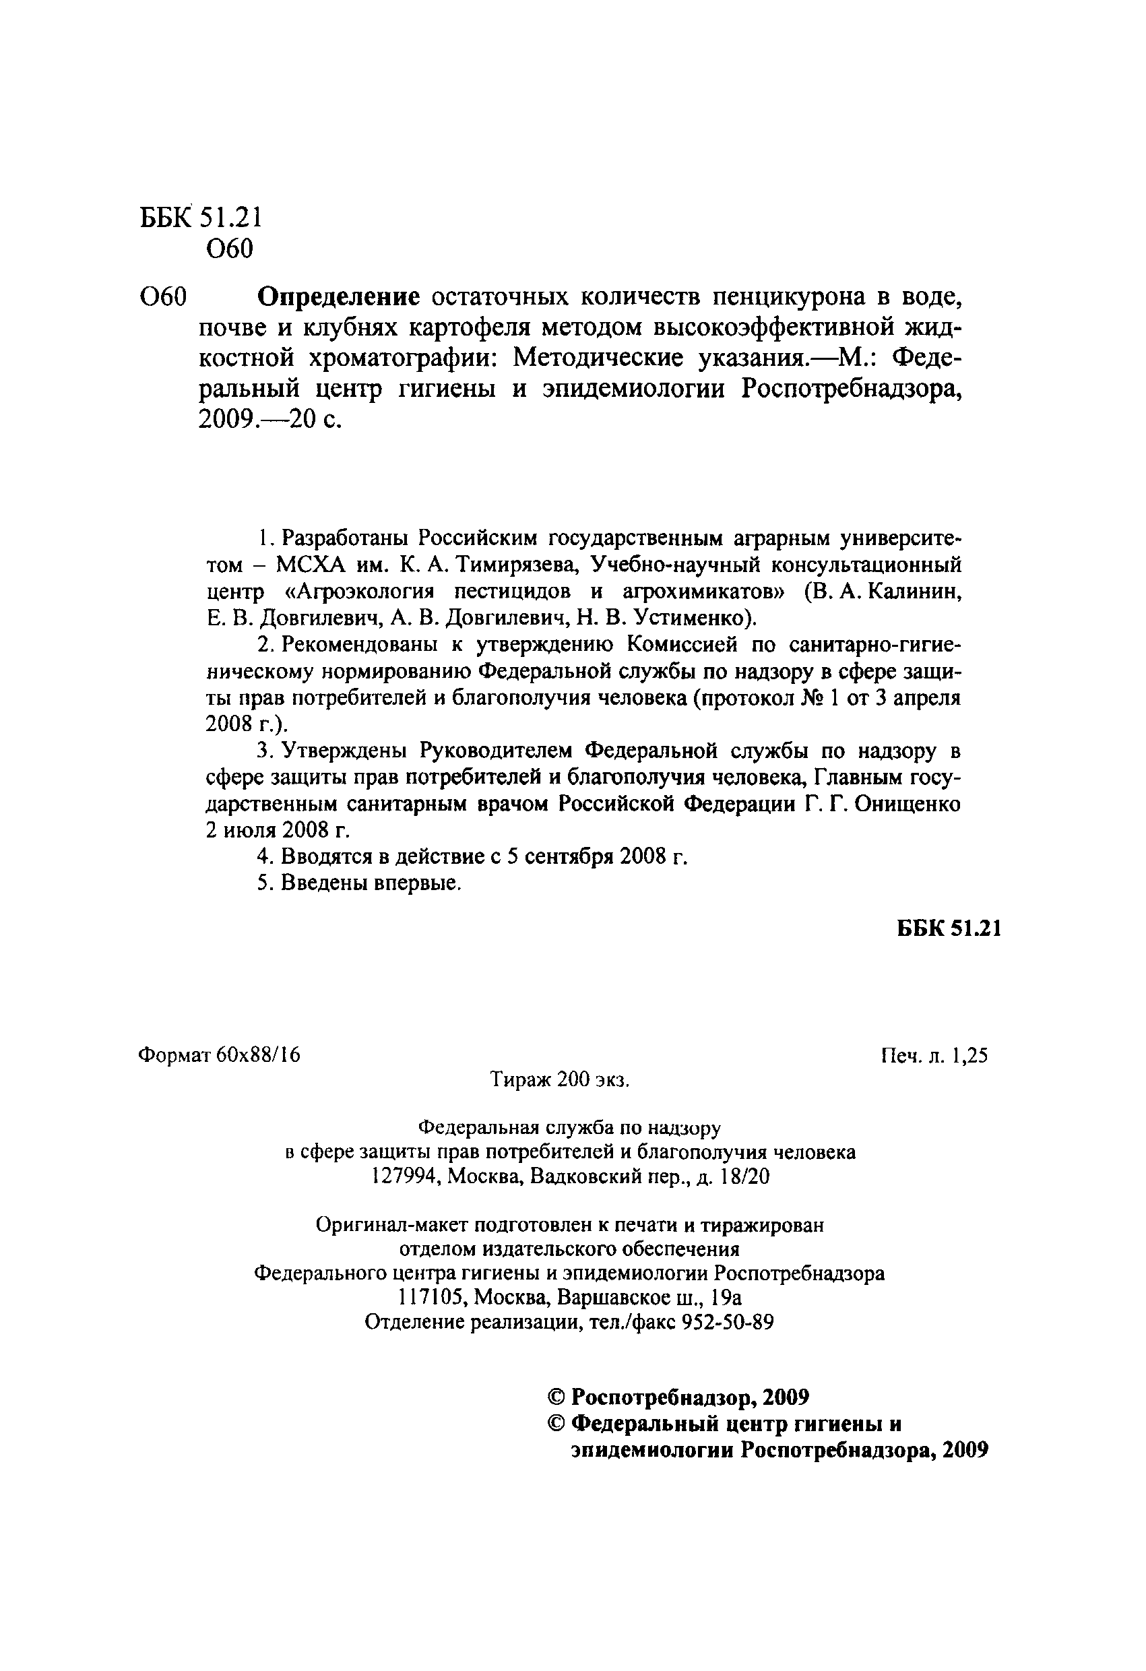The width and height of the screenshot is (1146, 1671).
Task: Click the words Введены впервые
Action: click(x=371, y=883)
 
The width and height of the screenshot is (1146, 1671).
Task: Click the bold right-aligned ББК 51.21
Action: click(x=949, y=929)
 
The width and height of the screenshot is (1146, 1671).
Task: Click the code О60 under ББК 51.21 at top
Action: click(x=229, y=249)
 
